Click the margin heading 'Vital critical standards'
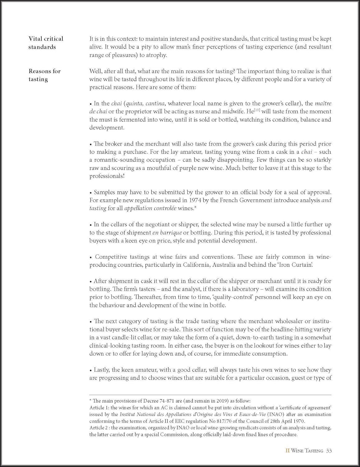click(45, 43)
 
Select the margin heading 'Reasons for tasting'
click(44, 75)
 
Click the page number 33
click(329, 450)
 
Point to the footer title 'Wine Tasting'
click(307, 450)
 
